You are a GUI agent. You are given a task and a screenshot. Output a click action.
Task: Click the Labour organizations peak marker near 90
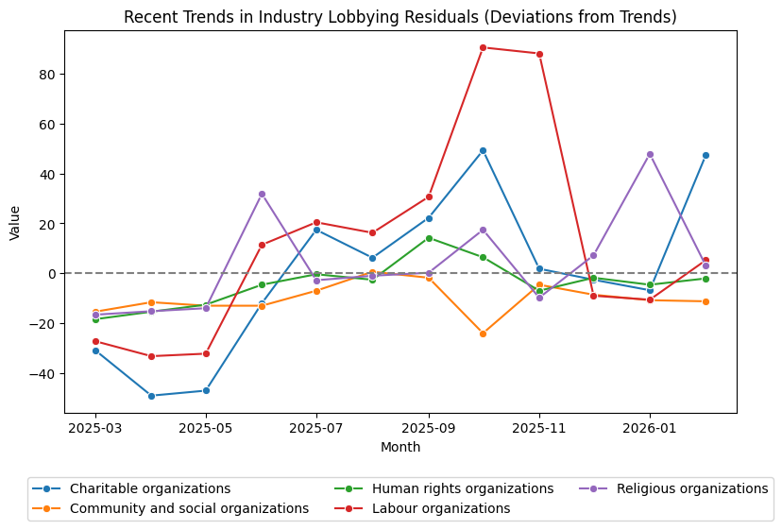[x=483, y=47]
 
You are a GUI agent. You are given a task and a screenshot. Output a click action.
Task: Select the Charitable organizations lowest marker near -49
[x=151, y=396]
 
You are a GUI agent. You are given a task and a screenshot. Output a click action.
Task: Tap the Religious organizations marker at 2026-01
[x=650, y=154]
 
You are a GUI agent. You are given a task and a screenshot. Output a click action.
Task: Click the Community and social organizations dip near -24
[x=483, y=333]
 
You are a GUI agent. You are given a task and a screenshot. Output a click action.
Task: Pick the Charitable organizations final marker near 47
[x=705, y=155]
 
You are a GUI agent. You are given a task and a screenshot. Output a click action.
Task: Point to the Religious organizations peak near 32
[x=262, y=194]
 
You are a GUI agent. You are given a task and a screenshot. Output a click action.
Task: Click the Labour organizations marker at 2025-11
[x=539, y=54]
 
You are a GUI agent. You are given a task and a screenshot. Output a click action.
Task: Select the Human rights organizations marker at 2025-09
[x=429, y=238]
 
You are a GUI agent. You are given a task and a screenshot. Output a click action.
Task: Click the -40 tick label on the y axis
[x=43, y=373]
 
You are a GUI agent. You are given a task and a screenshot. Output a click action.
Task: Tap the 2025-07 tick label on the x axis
[x=316, y=428]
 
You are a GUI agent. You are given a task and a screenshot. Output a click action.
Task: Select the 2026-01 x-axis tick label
[x=650, y=428]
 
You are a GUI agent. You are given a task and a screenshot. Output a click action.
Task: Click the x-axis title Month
[x=400, y=447]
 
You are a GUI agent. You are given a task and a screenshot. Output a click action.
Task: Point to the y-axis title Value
[x=14, y=223]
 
